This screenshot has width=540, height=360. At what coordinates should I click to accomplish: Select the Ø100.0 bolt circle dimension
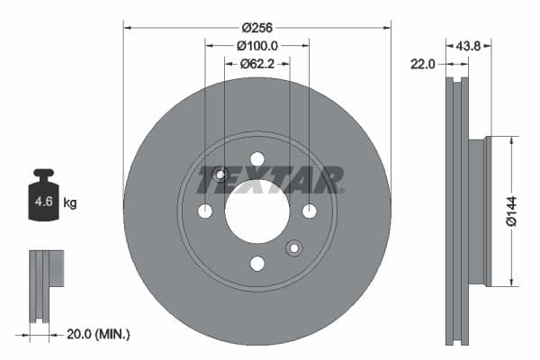coord(257,45)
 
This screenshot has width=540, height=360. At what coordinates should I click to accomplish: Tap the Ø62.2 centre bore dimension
coord(257,64)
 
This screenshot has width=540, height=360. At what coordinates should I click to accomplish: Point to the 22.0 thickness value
coord(422,63)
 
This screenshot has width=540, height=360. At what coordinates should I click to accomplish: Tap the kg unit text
coord(70,203)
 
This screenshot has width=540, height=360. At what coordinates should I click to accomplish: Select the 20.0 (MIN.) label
coord(99,334)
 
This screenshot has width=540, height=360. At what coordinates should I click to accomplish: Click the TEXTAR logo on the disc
coord(270,179)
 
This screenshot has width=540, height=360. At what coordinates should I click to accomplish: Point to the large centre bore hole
coord(257,211)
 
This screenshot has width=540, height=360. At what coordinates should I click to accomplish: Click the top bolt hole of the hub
coord(257,159)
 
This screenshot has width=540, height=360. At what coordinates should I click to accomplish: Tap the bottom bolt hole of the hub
coord(257,263)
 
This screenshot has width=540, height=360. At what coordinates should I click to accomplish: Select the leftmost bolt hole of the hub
coord(205,211)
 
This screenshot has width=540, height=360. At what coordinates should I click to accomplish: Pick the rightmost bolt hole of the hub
coord(309,211)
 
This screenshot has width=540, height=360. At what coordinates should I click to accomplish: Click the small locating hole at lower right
coord(293,247)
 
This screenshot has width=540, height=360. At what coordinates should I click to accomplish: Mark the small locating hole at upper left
coord(221,174)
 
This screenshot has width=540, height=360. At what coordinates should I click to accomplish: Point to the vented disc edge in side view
coord(458,211)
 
